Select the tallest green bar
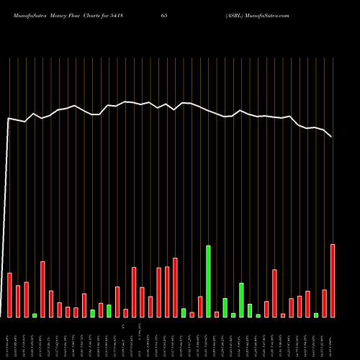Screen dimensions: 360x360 208,282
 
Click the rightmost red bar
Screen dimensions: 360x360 333,281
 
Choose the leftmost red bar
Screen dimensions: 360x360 10,295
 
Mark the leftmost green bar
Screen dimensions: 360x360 35,315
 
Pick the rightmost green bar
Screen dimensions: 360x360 316,315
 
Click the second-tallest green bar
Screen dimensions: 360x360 241,300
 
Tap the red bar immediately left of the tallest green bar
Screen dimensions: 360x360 200,307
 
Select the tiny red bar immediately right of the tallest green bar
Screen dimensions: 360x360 217,314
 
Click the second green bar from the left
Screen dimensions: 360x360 92,313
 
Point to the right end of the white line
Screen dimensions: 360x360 332,136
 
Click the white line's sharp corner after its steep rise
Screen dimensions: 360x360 9,119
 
